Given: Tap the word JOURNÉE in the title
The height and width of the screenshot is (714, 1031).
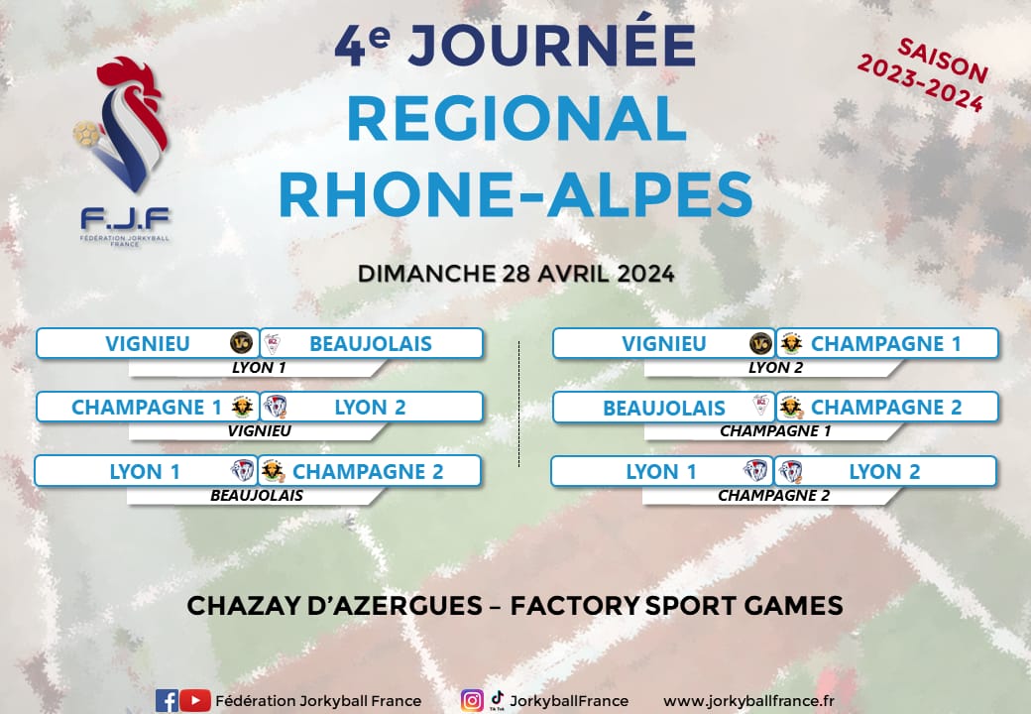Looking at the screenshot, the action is click(x=551, y=45).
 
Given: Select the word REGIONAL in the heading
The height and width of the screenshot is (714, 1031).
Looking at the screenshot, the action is click(x=516, y=119).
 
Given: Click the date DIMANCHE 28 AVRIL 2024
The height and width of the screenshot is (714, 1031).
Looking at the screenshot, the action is click(x=516, y=274).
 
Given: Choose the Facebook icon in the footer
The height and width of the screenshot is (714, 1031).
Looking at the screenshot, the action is click(x=167, y=701).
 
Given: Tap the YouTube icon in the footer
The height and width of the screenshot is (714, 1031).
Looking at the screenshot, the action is click(x=195, y=701).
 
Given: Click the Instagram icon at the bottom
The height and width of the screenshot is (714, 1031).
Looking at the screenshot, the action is click(x=472, y=701).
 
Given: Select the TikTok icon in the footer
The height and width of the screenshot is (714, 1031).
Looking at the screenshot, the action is click(x=497, y=699).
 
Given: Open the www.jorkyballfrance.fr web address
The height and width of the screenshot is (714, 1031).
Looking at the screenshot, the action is click(x=748, y=701).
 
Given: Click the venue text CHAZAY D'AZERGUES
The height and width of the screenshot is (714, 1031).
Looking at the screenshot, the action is click(x=335, y=606).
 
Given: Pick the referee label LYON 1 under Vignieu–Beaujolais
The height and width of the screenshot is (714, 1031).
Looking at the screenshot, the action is click(x=259, y=368).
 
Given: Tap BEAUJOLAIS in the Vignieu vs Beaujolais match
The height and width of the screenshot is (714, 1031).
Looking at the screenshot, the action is click(x=371, y=344).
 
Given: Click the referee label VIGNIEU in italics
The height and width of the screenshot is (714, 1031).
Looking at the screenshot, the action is click(x=259, y=431).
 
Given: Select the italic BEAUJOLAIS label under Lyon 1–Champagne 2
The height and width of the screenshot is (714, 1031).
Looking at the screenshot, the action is click(x=257, y=496).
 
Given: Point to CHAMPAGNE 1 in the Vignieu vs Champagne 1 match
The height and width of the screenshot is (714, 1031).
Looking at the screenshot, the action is click(x=885, y=344).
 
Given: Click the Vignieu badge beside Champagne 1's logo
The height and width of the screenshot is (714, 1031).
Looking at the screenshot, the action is click(x=760, y=343).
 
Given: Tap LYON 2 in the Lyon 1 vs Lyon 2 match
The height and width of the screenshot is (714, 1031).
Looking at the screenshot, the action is click(x=884, y=472).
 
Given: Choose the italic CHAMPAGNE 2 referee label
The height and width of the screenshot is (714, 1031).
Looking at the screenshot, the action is click(x=774, y=496).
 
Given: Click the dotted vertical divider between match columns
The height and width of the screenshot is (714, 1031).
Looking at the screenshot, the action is click(x=519, y=404).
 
